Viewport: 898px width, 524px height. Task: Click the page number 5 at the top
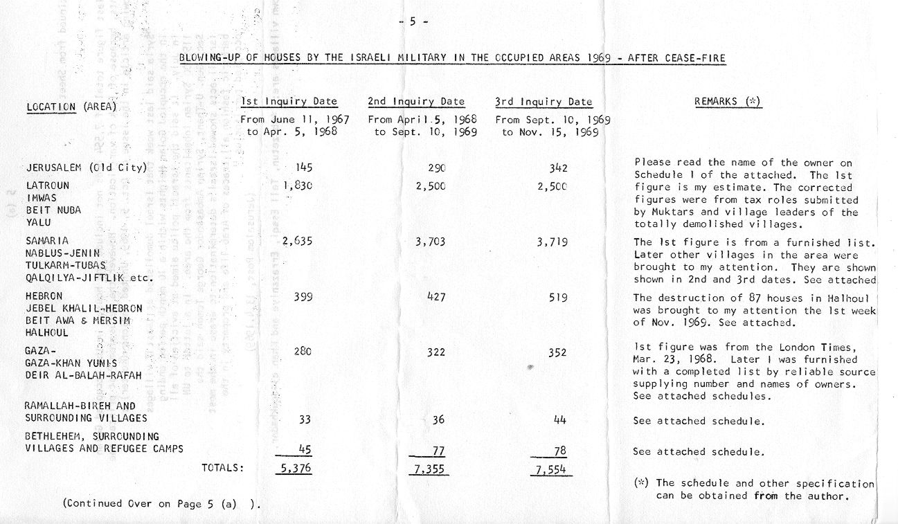413,21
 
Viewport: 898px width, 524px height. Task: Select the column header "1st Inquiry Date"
289,102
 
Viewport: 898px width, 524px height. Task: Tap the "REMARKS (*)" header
727,102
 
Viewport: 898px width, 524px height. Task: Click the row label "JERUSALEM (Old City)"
87,168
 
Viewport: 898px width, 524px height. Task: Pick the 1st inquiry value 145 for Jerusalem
303,168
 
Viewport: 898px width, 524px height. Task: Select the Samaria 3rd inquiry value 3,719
552,242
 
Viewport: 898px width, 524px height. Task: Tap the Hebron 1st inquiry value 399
303,297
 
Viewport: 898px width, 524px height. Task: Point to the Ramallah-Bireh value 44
559,420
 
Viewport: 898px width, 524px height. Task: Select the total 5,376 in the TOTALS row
294,469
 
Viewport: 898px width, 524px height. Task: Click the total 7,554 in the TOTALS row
550,469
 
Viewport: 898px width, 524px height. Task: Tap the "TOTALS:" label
222,468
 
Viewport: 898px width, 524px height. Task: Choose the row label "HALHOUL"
46,332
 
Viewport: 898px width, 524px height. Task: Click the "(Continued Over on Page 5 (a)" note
156,504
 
